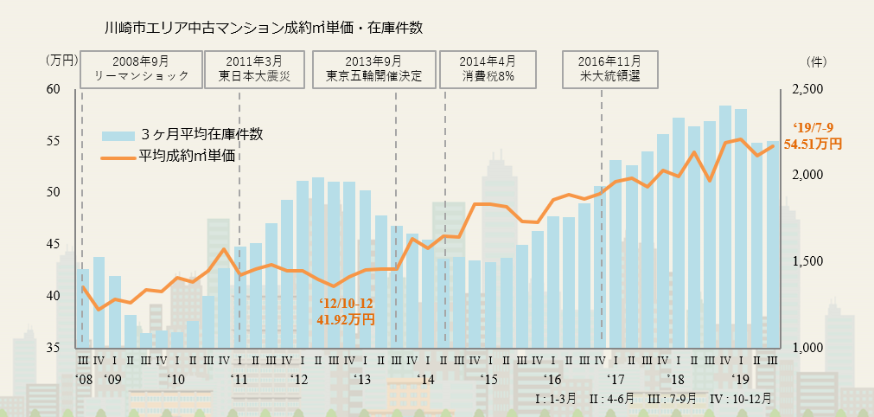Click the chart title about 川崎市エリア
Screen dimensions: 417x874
262,29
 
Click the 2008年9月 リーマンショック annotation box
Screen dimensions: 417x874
141,69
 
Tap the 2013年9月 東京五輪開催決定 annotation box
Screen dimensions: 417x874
373,69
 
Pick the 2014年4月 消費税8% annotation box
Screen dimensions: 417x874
488,69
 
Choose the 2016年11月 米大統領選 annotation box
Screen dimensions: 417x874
610,69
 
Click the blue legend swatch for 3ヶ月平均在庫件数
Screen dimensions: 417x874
118,135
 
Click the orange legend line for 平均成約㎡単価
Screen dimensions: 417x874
118,157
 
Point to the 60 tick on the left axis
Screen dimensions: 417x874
54,89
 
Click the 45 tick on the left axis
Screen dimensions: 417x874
54,244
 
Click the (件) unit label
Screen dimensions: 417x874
816,61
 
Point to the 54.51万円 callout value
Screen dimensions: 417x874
812,144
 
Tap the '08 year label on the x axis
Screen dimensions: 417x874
83,379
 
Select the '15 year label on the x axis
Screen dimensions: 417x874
490,379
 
